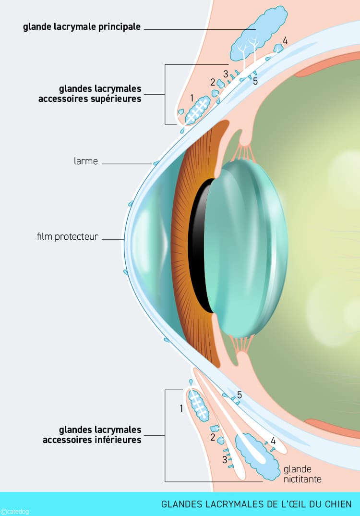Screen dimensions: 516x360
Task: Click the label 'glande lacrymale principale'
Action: pyautogui.click(x=82, y=27)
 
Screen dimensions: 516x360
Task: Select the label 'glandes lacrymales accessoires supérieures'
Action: pyautogui.click(x=100, y=94)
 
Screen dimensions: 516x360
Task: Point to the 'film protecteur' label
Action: pyautogui.click(x=67, y=237)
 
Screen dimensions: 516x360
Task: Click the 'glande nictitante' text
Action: pyautogui.click(x=302, y=474)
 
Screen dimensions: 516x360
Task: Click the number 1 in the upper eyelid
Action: pyautogui.click(x=192, y=98)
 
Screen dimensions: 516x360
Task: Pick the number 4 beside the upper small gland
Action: pyautogui.click(x=285, y=41)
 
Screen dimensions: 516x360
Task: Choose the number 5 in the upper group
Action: pyautogui.click(x=255, y=81)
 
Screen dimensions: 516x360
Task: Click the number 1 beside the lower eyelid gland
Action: pyautogui.click(x=181, y=408)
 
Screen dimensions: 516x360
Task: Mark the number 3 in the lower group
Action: pyautogui.click(x=224, y=460)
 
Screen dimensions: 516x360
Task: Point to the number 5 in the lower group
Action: pyautogui.click(x=239, y=395)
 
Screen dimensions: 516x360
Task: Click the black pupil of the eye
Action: pyautogui.click(x=198, y=245)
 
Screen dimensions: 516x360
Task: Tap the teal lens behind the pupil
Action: pyautogui.click(x=245, y=247)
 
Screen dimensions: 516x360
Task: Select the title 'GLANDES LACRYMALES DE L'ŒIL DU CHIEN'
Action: pyautogui.click(x=257, y=504)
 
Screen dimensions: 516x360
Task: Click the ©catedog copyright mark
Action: pyautogui.click(x=15, y=512)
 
